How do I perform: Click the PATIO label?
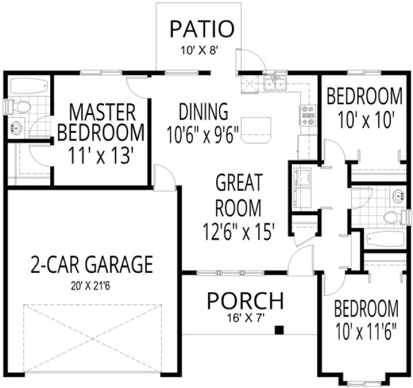pyautogui.click(x=202, y=28)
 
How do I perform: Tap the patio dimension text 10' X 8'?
pyautogui.click(x=202, y=50)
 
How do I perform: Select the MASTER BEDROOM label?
pyautogui.click(x=100, y=122)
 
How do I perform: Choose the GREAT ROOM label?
pyautogui.click(x=238, y=195)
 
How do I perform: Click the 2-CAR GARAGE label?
pyautogui.click(x=91, y=265)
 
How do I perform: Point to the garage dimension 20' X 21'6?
pyautogui.click(x=91, y=287)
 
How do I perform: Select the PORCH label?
pyautogui.click(x=246, y=302)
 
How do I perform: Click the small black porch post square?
pyautogui.click(x=279, y=330)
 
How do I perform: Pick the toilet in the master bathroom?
pyautogui.click(x=21, y=107)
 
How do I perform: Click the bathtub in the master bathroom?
pyautogui.click(x=28, y=85)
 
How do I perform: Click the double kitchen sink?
pyautogui.click(x=275, y=84)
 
